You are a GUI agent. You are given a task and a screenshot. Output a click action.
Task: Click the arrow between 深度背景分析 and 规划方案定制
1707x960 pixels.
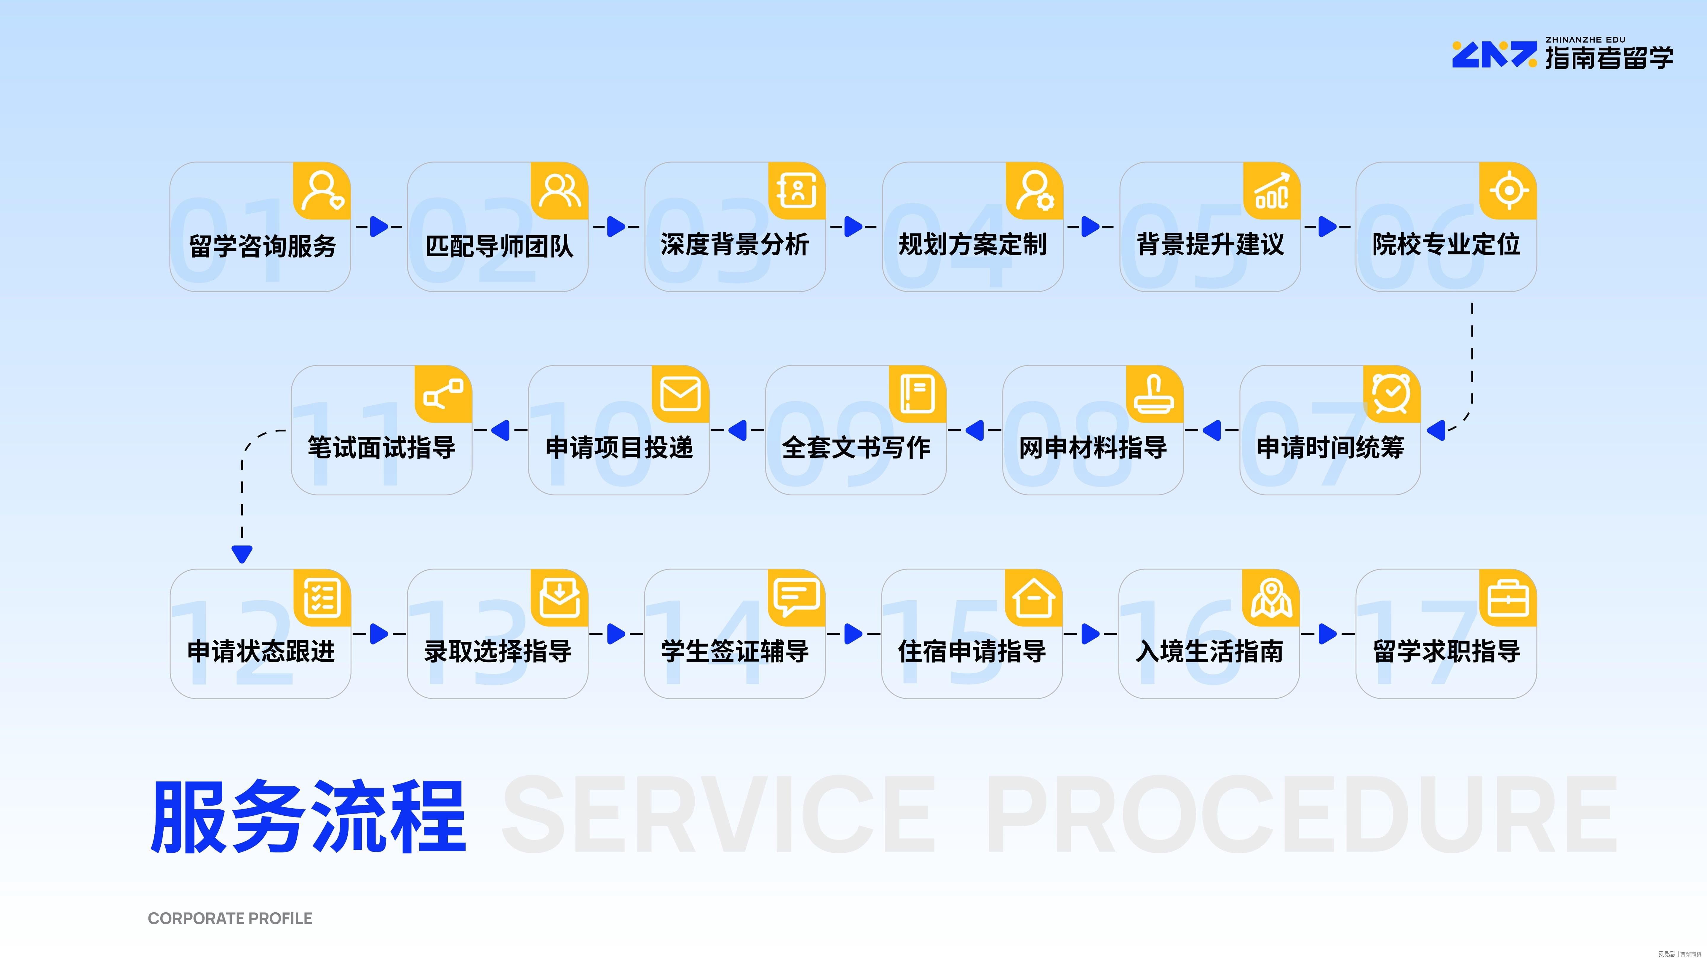[853, 227]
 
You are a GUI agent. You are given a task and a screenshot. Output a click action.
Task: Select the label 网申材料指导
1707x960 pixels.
[1093, 448]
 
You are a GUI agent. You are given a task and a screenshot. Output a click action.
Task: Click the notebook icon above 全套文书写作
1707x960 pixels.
[918, 394]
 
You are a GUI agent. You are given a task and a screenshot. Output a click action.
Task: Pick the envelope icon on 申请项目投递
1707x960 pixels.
[680, 394]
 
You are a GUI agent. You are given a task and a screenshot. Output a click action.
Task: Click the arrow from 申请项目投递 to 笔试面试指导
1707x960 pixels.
[500, 430]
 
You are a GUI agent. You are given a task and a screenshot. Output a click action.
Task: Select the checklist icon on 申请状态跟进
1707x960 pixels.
[322, 598]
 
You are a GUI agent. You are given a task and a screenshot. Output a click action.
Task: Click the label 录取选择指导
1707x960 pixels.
[498, 651]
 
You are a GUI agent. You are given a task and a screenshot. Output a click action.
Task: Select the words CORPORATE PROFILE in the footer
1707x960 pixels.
[230, 918]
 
